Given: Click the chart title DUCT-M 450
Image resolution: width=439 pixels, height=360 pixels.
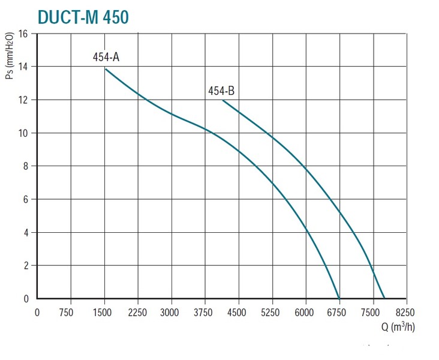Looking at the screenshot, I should pos(83,17).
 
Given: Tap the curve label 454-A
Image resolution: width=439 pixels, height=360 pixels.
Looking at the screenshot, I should pos(106,58).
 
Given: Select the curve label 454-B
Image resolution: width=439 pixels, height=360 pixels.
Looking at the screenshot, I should pos(221,91).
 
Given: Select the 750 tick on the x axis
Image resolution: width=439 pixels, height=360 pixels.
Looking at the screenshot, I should pos(71,312).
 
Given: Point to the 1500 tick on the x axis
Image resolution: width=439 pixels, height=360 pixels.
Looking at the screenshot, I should pos(104,312).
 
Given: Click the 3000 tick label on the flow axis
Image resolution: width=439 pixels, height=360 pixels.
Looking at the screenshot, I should pos(172,312).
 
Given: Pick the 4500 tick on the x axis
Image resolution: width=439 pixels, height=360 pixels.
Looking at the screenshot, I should pos(239,312).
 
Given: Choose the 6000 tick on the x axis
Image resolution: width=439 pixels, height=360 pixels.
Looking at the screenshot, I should pos(306,312).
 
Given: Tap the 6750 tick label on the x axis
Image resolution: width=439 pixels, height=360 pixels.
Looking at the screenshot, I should pos(339,312).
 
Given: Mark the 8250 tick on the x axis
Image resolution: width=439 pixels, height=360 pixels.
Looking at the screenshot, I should pos(406,312).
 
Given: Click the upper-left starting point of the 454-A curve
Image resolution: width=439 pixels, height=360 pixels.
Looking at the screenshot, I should pos(106,69).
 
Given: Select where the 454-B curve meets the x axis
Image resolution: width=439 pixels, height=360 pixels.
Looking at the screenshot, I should pos(384,298).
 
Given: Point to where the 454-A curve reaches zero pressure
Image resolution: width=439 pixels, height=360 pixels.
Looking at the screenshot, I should pos(339,298).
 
